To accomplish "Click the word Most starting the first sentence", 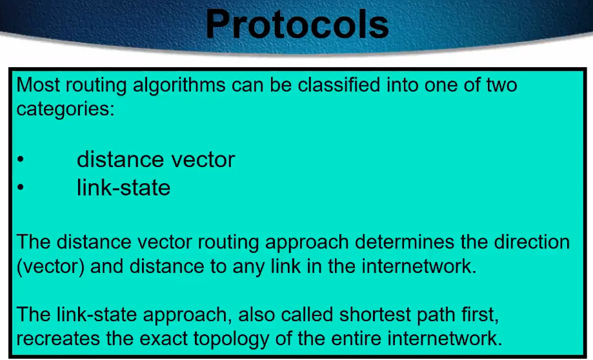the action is (38, 85).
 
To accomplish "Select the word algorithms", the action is (179, 85).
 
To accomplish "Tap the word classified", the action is (339, 85).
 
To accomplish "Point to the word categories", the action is (65, 109).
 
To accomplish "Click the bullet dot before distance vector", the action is (21, 159).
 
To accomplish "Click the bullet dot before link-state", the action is (21, 188).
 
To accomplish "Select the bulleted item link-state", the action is (124, 188).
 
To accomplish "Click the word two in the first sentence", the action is (501, 85).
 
